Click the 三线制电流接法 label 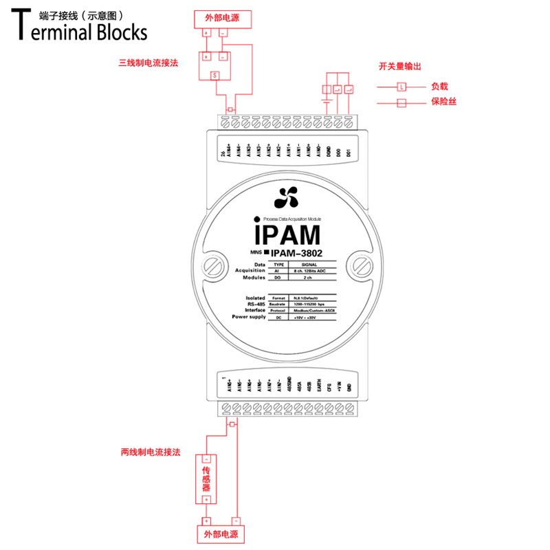click(148, 63)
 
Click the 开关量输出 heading click(399, 66)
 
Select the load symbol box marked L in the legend click(401, 87)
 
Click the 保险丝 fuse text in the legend click(445, 102)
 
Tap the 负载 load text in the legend click(440, 87)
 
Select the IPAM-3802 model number click(297, 253)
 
